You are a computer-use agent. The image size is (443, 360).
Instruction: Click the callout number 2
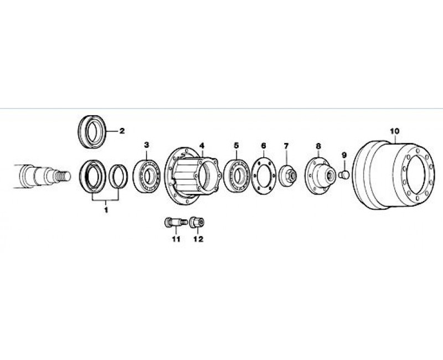(x=122, y=131)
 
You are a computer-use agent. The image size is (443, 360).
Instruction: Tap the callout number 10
(x=395, y=131)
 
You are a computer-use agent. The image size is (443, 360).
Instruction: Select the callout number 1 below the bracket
(x=106, y=210)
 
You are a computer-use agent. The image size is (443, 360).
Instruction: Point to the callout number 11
(x=176, y=239)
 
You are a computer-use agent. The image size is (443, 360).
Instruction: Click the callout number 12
(x=198, y=239)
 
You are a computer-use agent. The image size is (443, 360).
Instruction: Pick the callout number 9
(x=344, y=155)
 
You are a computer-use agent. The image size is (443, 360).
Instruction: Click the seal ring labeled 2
(x=92, y=131)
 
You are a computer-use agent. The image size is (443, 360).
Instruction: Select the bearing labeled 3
(x=147, y=176)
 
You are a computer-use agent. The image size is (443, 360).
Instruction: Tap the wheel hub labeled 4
(x=193, y=176)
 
